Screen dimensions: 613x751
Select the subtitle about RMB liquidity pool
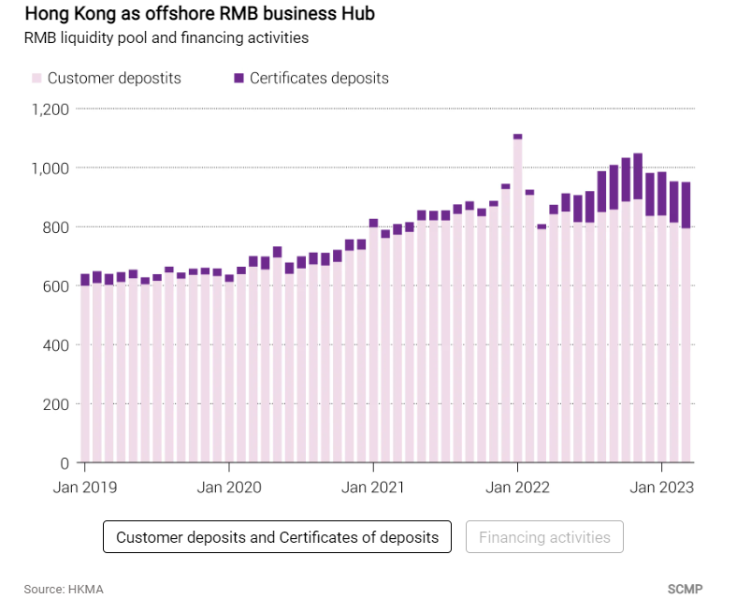pyautogui.click(x=166, y=38)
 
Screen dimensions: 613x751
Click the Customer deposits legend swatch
pyautogui.click(x=36, y=79)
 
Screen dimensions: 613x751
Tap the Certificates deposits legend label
pyautogui.click(x=319, y=79)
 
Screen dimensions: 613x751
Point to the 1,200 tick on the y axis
pyautogui.click(x=51, y=109)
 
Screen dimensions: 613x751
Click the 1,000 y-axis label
pyautogui.click(x=51, y=168)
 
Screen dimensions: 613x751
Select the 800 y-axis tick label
pyautogui.click(x=57, y=227)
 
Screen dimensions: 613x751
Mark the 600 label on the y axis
pyautogui.click(x=57, y=286)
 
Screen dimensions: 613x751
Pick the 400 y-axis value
pyautogui.click(x=57, y=345)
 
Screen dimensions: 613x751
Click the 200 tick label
pyautogui.click(x=57, y=404)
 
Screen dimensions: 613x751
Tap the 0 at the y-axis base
pyautogui.click(x=65, y=463)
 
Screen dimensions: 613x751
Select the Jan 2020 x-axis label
pyautogui.click(x=230, y=487)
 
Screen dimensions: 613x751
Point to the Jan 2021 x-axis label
pyautogui.click(x=374, y=487)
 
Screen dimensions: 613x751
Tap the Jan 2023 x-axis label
pyautogui.click(x=661, y=487)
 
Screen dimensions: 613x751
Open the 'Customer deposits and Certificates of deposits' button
pyautogui.click(x=277, y=537)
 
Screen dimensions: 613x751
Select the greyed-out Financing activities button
pyautogui.click(x=544, y=537)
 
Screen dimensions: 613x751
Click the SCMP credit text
pyautogui.click(x=685, y=590)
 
